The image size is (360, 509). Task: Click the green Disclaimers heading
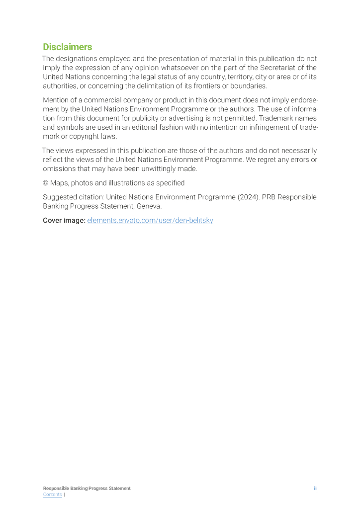[67, 47]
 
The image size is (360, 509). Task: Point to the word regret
[269, 160]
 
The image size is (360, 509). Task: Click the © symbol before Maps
[45, 183]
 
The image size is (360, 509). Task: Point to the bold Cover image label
[64, 220]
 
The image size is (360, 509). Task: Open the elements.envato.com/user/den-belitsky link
[150, 220]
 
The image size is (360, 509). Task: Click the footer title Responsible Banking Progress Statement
[87, 488]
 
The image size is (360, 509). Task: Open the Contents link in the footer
[52, 495]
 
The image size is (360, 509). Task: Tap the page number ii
[315, 488]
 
